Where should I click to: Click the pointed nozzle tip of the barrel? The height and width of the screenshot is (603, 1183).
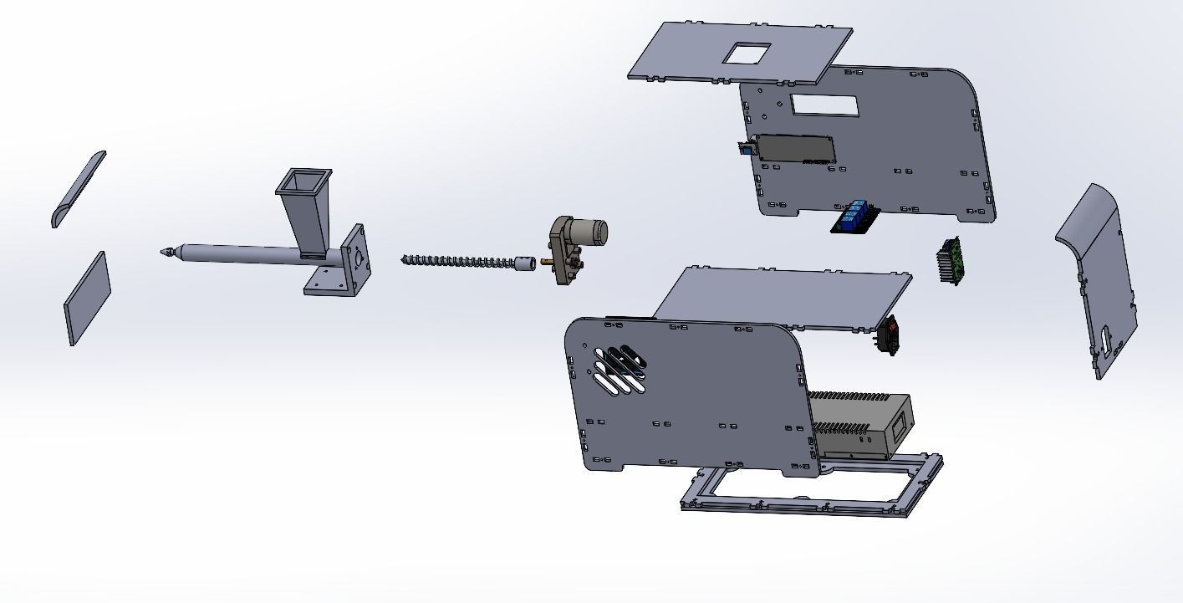click(x=168, y=250)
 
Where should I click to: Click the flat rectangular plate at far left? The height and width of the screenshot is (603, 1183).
click(x=88, y=298)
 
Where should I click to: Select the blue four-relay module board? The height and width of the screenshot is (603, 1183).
click(x=854, y=216)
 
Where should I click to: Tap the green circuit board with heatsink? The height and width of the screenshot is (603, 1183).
click(x=951, y=260)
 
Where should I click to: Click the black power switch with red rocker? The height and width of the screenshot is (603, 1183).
click(x=891, y=334)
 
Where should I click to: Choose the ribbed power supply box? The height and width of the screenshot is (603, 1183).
click(x=861, y=422)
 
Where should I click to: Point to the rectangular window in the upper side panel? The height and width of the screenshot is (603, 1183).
click(x=824, y=105)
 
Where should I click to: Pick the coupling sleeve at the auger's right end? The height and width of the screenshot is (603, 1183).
click(x=526, y=263)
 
